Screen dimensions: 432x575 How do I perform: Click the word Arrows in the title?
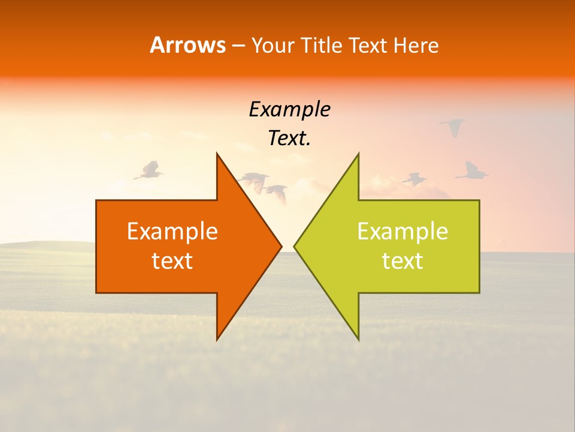click(187, 45)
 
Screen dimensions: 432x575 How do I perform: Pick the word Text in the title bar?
click(368, 46)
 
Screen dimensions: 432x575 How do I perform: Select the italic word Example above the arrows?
click(289, 110)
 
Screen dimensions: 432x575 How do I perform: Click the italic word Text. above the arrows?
click(289, 139)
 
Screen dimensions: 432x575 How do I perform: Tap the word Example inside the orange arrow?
click(172, 231)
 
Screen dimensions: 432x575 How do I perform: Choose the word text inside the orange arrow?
click(172, 260)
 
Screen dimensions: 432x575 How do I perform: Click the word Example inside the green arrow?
click(402, 231)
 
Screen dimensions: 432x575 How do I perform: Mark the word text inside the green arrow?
click(402, 260)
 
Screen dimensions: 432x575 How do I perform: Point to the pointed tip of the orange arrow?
click(281, 246)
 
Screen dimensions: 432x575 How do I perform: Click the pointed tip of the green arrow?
click(294, 246)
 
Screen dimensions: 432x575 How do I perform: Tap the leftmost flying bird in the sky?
click(148, 171)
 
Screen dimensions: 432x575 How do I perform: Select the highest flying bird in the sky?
click(453, 127)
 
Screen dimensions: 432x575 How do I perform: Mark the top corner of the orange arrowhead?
click(217, 153)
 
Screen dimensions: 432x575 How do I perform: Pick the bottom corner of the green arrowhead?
click(358, 340)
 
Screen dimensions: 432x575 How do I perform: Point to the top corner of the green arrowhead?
click(358, 153)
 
